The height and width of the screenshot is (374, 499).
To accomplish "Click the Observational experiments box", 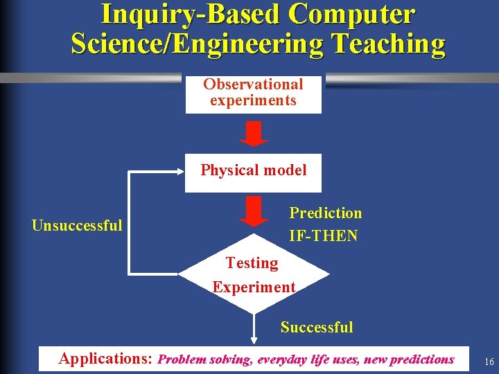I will [253, 93].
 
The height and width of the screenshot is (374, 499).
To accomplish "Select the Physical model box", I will [253, 171].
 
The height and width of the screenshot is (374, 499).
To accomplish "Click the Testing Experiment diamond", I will [254, 276].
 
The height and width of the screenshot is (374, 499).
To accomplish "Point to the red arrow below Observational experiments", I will [254, 133].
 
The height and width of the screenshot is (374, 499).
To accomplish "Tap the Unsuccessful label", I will [77, 225].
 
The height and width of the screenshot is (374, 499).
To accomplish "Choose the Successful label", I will [317, 328].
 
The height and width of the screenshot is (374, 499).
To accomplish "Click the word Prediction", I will [325, 213].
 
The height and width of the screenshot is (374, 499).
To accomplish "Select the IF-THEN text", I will [323, 236].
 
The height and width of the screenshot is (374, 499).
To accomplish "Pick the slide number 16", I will [489, 362].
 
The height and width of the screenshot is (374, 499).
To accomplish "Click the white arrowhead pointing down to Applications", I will [254, 340].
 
